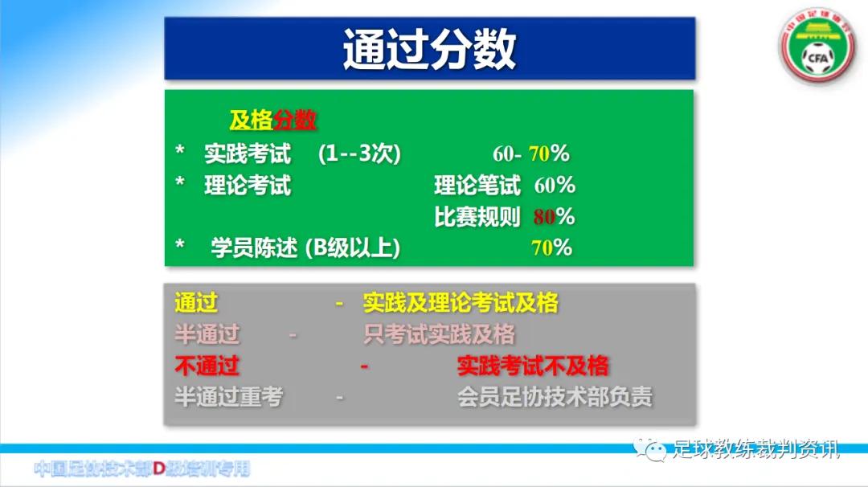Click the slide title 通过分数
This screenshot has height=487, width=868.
click(x=429, y=49)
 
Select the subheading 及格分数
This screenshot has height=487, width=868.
click(x=272, y=121)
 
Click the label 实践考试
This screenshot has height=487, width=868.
click(x=248, y=153)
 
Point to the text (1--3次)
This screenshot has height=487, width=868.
click(x=358, y=153)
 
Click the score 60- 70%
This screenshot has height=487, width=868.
click(x=530, y=153)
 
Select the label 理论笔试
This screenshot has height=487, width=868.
click(x=477, y=186)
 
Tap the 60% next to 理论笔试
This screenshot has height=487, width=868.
click(x=555, y=186)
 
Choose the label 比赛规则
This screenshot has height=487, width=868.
click(x=477, y=217)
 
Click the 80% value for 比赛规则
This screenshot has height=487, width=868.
click(x=554, y=217)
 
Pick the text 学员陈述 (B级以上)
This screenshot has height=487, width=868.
click(x=305, y=248)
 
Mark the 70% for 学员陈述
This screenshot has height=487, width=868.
click(x=551, y=248)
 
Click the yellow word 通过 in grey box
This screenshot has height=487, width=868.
click(x=196, y=303)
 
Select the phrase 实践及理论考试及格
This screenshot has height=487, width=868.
click(x=461, y=303)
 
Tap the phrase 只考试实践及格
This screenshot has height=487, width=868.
click(x=439, y=334)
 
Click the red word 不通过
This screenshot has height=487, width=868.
click(x=207, y=366)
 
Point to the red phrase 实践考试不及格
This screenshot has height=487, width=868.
click(x=533, y=366)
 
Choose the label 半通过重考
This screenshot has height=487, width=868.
click(x=228, y=397)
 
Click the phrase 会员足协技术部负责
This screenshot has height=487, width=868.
click(x=555, y=397)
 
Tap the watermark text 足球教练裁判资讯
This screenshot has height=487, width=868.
click(x=755, y=449)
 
